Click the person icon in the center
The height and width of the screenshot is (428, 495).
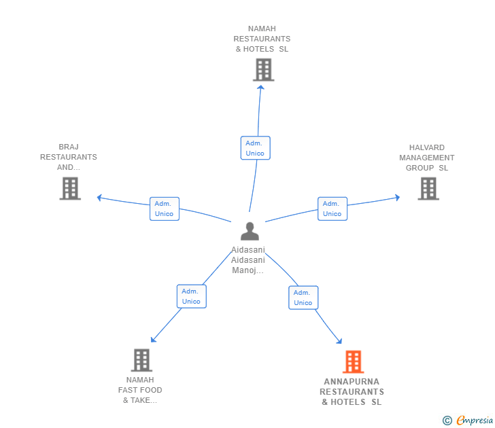(250, 232)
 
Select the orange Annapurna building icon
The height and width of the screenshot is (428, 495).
(353, 362)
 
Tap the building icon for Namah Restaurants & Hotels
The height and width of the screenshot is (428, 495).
(263, 70)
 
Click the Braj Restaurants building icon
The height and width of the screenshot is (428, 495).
(70, 188)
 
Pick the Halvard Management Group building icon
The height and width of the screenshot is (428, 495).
(428, 188)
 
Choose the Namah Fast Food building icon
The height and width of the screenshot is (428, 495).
(141, 360)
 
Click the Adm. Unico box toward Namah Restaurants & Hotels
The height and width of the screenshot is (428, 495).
(255, 148)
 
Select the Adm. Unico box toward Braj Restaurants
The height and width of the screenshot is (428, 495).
(164, 209)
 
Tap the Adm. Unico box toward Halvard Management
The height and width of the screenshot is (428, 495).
(332, 209)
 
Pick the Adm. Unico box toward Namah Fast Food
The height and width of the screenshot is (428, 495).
(191, 296)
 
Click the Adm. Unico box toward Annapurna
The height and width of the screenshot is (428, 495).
(303, 298)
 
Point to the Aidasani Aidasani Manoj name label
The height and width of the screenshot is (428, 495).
(248, 260)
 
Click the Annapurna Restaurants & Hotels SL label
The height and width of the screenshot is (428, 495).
(352, 392)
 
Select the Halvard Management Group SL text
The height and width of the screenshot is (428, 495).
(427, 158)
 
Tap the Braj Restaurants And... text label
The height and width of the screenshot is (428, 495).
(69, 157)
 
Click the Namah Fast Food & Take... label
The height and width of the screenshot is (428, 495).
(140, 390)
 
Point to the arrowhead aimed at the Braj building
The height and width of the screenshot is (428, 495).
(99, 198)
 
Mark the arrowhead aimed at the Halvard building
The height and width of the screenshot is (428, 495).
(397, 198)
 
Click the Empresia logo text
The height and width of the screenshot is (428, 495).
(475, 421)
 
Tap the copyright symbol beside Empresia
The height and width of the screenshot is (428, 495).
(447, 421)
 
